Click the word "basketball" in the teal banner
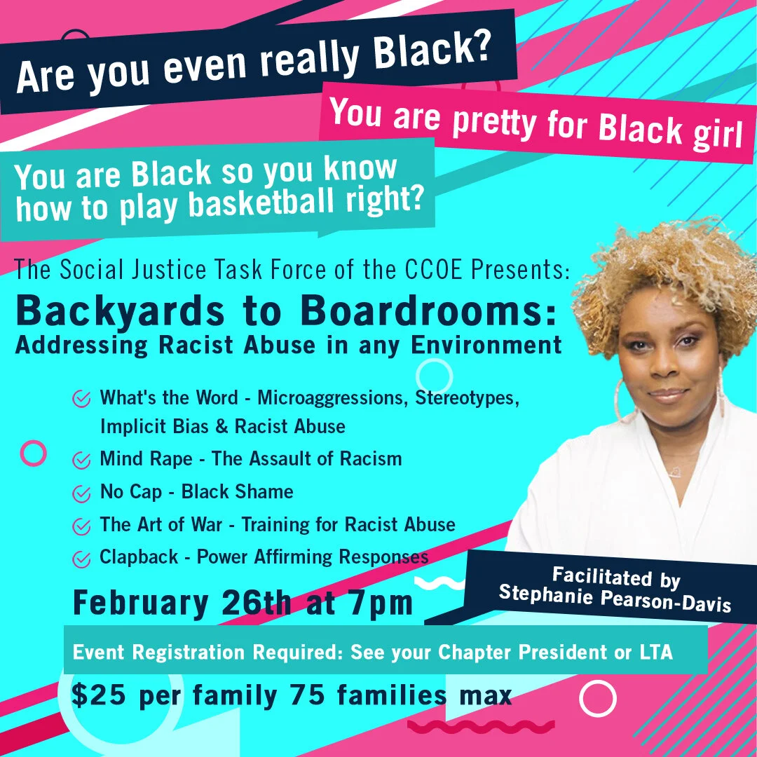point(261,203)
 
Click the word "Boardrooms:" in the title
point(428,311)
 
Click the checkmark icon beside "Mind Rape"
point(81,460)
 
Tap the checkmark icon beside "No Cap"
point(81,493)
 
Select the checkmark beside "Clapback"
point(81,559)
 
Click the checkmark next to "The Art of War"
point(81,526)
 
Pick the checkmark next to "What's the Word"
point(81,399)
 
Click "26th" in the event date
point(257,603)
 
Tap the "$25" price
point(99,696)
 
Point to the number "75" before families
point(308,696)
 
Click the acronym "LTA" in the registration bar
point(656,653)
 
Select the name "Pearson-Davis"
point(667,600)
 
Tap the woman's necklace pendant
point(675,472)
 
